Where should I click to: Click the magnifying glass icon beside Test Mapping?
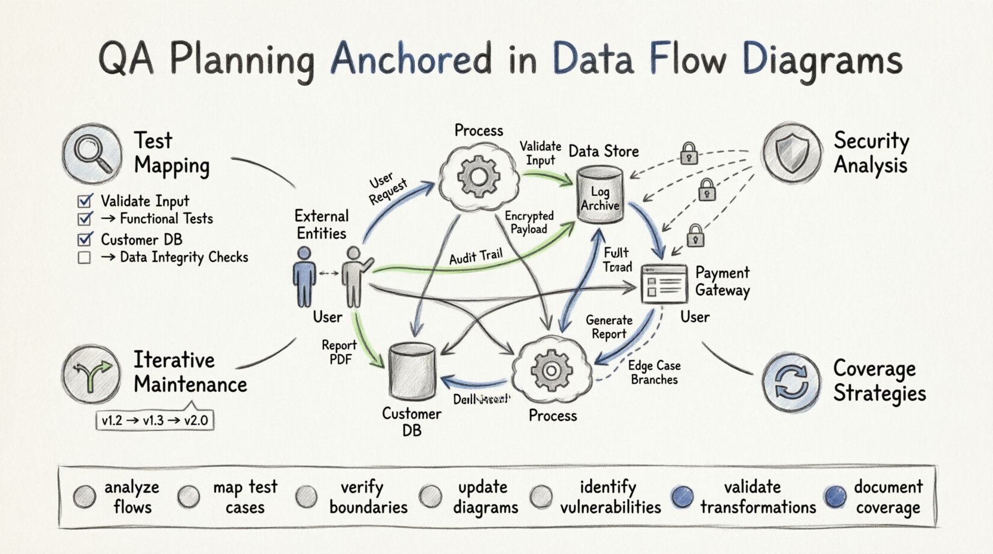(x=91, y=153)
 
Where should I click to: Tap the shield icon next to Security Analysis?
(x=791, y=153)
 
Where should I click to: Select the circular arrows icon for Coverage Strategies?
(x=791, y=382)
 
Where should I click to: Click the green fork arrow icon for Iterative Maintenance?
(x=91, y=374)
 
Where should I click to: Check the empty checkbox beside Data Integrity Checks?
(x=84, y=258)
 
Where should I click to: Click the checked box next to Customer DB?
(x=85, y=239)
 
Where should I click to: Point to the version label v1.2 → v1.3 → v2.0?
(x=155, y=420)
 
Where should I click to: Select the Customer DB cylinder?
(x=412, y=371)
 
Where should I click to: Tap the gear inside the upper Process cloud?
(x=477, y=176)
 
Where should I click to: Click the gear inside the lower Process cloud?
(x=551, y=371)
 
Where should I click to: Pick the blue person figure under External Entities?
(x=304, y=278)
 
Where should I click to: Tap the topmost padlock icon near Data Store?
(x=689, y=153)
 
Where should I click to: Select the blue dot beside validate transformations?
(x=682, y=496)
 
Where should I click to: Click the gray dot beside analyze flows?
(x=84, y=496)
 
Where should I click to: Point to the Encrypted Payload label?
(x=529, y=222)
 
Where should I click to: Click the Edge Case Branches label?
(x=654, y=373)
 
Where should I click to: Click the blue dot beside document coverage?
(x=835, y=496)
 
